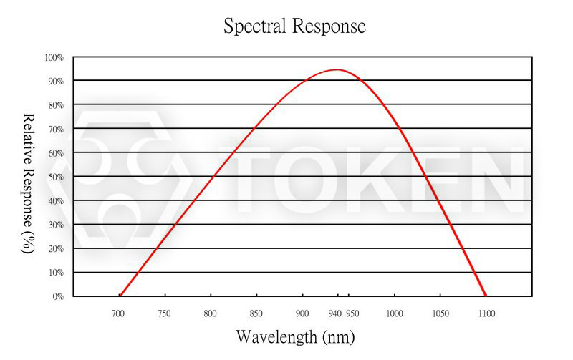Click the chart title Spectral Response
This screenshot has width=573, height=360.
coord(294,26)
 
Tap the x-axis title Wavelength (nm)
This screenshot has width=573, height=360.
coord(294,336)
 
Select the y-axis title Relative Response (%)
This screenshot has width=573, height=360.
coord(29,183)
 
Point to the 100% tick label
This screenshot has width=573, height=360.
coord(54,57)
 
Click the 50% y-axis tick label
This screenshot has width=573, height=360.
coord(56,177)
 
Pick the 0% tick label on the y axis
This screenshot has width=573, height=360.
coord(58,296)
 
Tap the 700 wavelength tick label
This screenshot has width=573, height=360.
coord(118,313)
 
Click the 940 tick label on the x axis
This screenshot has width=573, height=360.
coord(334,313)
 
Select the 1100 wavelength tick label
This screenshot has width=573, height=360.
coord(486,313)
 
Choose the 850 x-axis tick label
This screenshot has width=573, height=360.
coord(256,313)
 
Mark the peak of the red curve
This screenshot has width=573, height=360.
coord(336,69)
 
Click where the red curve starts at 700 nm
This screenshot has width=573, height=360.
coord(120,295)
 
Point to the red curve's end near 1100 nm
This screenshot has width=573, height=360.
coord(486,295)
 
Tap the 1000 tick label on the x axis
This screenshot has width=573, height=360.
coord(394,313)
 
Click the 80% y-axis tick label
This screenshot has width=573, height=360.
coord(56,105)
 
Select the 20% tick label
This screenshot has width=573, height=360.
coord(56,248)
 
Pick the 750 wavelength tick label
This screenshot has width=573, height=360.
coord(165,313)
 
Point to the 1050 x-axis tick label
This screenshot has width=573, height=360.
coord(440,313)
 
